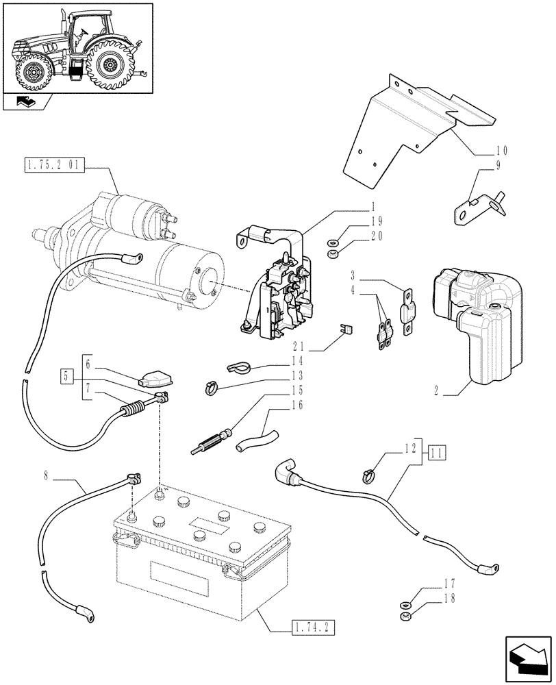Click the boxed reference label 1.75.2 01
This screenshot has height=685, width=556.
53,165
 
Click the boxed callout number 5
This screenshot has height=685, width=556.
66,375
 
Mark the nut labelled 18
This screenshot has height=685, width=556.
405,617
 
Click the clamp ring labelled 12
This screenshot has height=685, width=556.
370,473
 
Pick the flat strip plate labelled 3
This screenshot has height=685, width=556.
407,312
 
